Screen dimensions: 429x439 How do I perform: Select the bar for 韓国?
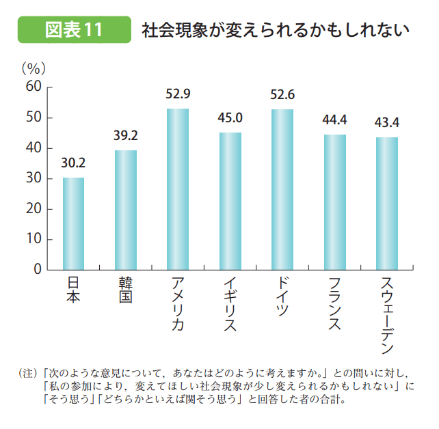125,210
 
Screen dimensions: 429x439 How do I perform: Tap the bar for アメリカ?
177,189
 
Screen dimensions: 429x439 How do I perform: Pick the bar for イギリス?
230,202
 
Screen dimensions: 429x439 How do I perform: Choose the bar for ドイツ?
282,190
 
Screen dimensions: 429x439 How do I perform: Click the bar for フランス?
334,202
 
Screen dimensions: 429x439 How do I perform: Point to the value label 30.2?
73,163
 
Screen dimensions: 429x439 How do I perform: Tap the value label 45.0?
230,118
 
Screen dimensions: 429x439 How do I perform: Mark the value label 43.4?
386,123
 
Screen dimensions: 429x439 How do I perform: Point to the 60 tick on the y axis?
34,87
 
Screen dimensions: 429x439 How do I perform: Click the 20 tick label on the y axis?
34,209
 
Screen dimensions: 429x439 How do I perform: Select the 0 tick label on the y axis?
39,270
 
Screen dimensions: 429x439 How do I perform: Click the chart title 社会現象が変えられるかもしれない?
275,31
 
